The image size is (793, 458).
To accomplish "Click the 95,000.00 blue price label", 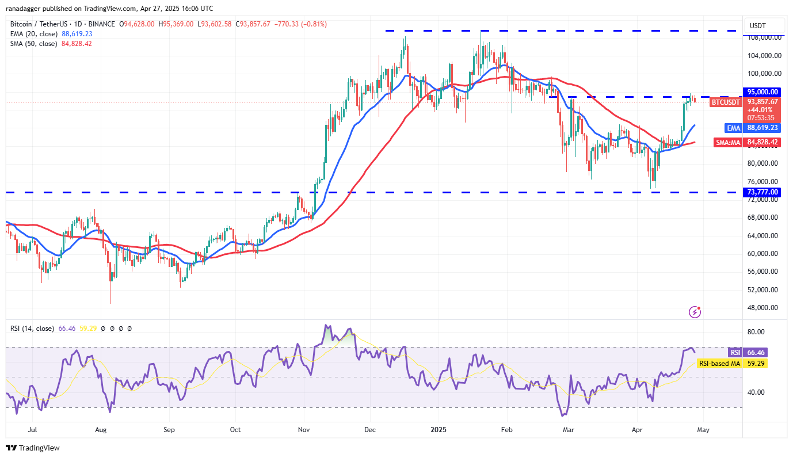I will [763, 91].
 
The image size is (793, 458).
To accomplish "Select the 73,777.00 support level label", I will [763, 192].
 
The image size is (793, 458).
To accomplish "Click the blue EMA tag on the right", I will [733, 128].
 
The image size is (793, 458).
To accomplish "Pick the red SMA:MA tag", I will [728, 142].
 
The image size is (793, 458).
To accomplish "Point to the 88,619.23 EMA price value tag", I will [763, 128].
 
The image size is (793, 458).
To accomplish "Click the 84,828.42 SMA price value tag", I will [763, 142].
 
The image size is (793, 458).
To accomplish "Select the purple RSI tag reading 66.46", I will [734, 352].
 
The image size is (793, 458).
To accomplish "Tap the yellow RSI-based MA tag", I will [719, 364].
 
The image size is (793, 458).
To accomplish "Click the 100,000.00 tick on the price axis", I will [763, 74].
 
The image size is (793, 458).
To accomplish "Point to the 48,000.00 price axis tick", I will [763, 307].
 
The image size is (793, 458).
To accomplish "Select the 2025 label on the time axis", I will [438, 429].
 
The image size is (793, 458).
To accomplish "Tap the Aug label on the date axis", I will [101, 429].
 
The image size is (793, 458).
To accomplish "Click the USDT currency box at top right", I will [765, 26].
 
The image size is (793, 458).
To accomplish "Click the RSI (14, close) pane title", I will [32, 329].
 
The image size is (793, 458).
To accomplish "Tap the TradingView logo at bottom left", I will [33, 448].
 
